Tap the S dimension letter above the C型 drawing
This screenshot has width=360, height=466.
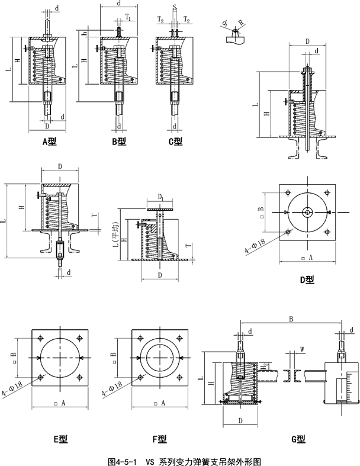click(x=175, y=7)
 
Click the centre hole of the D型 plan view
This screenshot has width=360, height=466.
click(x=307, y=212)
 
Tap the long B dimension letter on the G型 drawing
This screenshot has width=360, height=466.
click(x=291, y=319)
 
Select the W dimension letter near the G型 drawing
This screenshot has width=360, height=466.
click(x=302, y=349)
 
